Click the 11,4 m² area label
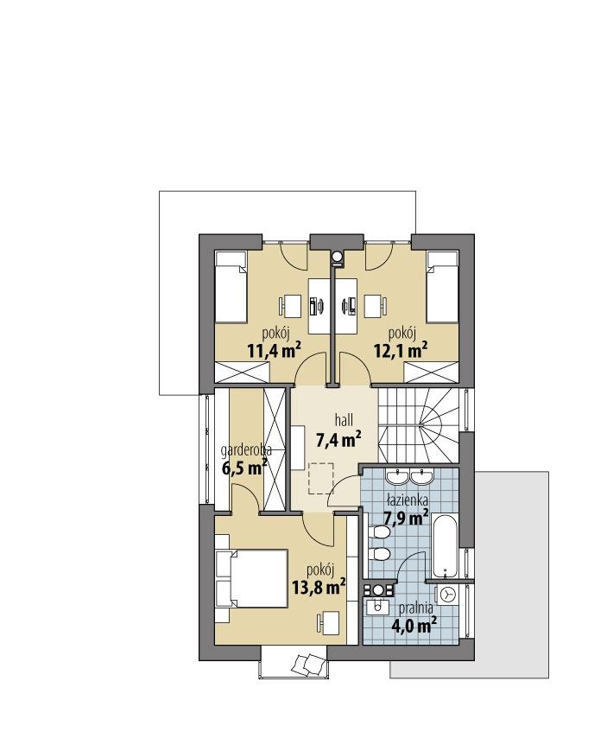[275, 350]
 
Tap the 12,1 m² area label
[401, 350]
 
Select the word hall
[344, 420]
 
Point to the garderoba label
[246, 450]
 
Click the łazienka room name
[407, 500]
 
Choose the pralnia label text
[415, 608]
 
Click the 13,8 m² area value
[318, 588]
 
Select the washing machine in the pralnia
[447, 594]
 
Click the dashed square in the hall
[321, 479]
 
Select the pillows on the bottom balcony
[307, 664]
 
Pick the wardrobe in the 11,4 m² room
[243, 372]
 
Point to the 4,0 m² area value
[414, 626]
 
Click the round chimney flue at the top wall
[337, 257]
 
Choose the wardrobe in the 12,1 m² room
[432, 372]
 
